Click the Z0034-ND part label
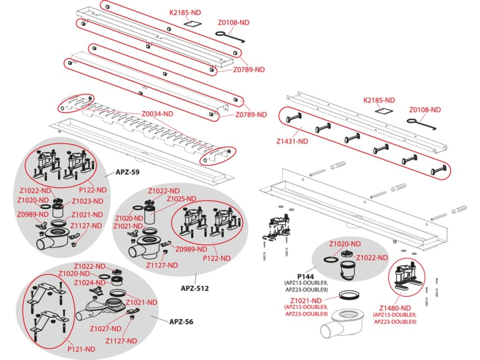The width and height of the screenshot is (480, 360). click(x=157, y=113)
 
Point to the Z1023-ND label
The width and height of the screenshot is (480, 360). click(x=87, y=201)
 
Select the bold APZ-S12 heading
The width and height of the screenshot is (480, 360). click(x=195, y=288)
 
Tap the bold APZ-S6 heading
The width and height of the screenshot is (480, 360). click(x=181, y=322)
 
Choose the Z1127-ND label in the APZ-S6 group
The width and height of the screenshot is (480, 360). click(x=121, y=340)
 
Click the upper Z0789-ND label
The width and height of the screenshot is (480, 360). click(x=249, y=69)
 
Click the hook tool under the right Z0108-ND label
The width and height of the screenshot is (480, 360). click(x=424, y=124)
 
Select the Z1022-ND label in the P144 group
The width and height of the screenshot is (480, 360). click(x=372, y=258)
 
